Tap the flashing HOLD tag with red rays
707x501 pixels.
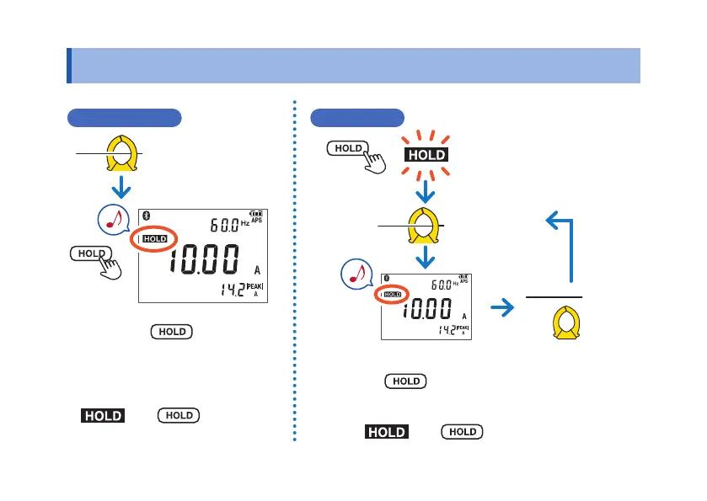pyautogui.click(x=426, y=156)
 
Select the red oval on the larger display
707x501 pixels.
pyautogui.click(x=155, y=239)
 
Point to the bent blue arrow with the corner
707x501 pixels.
pyautogui.click(x=566, y=245)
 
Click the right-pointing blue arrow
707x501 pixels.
pyautogui.click(x=502, y=309)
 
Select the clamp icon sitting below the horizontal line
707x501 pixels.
pyautogui.click(x=566, y=324)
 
